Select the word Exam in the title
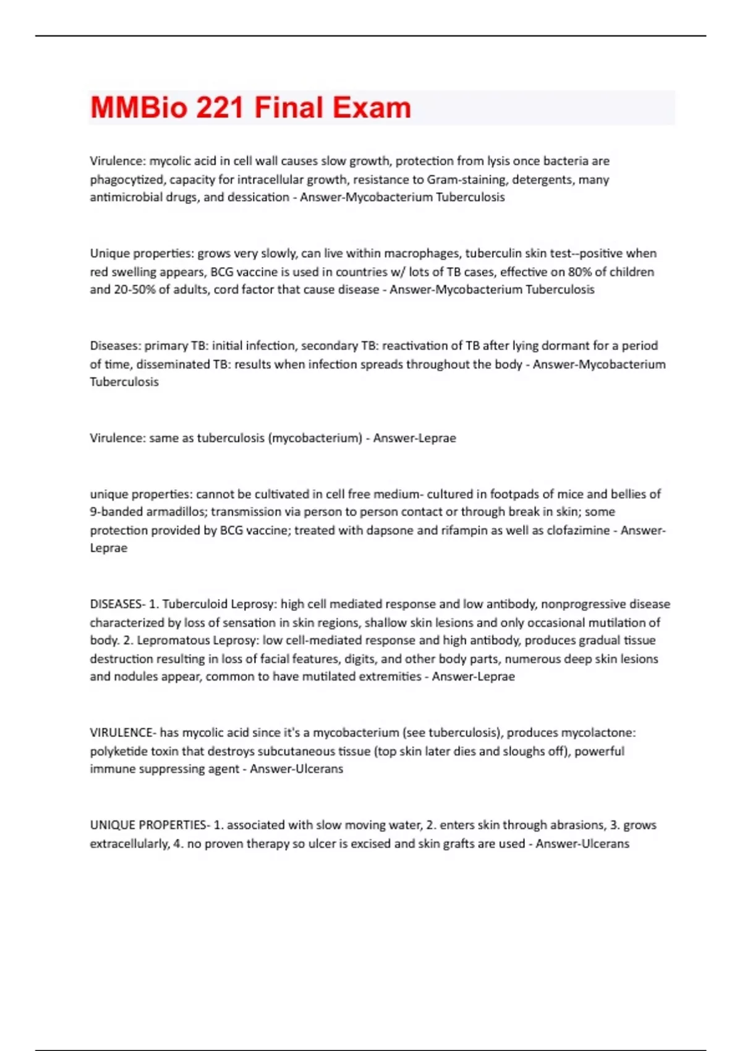point(372,108)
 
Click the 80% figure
point(579,272)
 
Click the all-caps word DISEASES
point(116,604)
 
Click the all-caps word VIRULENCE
point(121,733)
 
